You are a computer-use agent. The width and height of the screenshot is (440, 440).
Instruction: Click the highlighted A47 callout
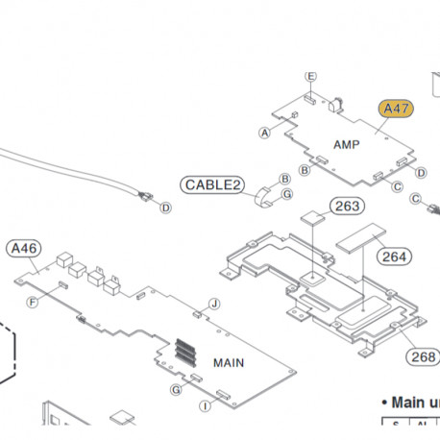point(396,109)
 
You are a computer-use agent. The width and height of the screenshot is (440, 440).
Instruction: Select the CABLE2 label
point(211,184)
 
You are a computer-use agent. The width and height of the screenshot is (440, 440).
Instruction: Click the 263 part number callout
point(349,206)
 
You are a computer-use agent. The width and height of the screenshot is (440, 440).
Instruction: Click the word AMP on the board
point(347,144)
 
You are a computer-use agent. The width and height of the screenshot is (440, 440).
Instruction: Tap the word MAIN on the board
point(229,362)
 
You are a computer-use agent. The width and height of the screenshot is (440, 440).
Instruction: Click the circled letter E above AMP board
point(310,76)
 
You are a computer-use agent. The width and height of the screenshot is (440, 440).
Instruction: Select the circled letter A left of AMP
point(265,133)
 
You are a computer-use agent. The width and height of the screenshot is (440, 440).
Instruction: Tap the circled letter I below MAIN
point(205,406)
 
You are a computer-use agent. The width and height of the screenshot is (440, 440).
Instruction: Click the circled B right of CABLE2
point(284,179)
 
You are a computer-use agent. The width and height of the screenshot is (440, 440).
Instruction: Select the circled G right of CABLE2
point(286,195)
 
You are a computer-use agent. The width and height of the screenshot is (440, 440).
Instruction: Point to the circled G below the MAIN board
point(175,390)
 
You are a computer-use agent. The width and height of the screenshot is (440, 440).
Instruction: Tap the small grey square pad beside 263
point(312,218)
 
